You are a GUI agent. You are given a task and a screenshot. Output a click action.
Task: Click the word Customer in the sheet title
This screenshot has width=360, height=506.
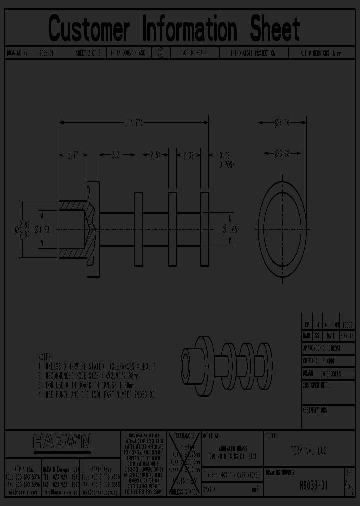point(89,29)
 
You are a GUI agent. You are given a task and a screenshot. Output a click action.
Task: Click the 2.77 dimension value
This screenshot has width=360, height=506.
point(73,155)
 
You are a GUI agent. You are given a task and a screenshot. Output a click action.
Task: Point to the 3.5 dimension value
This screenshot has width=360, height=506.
point(116,155)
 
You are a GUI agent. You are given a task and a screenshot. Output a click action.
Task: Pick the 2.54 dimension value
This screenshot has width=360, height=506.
point(155,155)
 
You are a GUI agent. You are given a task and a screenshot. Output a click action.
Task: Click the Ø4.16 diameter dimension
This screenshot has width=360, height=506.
point(283,122)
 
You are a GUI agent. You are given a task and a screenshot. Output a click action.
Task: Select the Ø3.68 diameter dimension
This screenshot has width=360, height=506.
point(283,154)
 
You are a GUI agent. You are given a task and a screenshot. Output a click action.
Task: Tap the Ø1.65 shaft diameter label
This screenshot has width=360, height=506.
point(230,229)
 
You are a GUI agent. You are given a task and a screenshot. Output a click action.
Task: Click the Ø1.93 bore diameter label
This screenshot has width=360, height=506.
point(42,229)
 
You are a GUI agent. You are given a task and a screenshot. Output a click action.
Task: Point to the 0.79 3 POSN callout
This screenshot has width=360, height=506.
point(227,159)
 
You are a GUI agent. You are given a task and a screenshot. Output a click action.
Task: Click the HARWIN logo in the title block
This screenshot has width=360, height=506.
point(62,441)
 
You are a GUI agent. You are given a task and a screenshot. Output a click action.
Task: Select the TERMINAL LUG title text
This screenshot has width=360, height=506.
point(309,451)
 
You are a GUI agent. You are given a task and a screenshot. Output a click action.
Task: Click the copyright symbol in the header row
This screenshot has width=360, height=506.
point(160,53)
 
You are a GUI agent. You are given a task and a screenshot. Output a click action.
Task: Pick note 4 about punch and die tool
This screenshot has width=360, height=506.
point(97,394)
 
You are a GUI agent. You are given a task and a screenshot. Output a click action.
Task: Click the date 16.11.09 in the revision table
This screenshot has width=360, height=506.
point(331,324)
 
